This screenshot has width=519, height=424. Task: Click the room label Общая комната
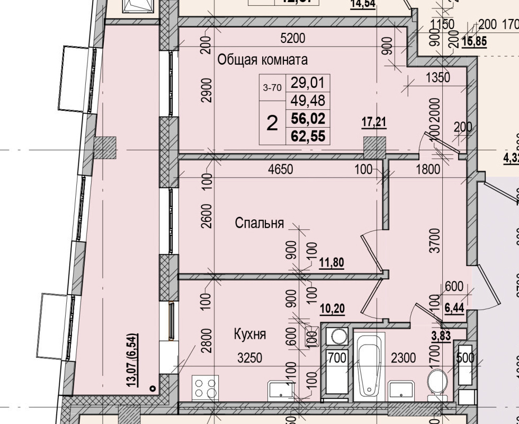point(263,59)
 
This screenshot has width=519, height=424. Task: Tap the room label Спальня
point(259,223)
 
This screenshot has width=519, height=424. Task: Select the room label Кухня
point(249,334)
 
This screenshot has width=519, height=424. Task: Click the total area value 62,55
point(308,137)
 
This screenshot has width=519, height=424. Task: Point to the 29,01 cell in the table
point(308,83)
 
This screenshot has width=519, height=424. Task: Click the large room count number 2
point(272,124)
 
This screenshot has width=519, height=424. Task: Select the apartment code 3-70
point(272,88)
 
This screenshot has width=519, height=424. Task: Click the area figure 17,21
point(374,122)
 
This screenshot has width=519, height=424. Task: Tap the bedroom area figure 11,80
point(332,262)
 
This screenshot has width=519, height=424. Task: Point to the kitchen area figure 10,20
point(332,309)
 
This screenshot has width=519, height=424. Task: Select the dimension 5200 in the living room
point(293,38)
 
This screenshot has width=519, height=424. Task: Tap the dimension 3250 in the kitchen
point(249,358)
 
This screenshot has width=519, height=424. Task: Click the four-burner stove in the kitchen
point(205,387)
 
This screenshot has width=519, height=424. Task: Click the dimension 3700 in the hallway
point(434,241)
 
